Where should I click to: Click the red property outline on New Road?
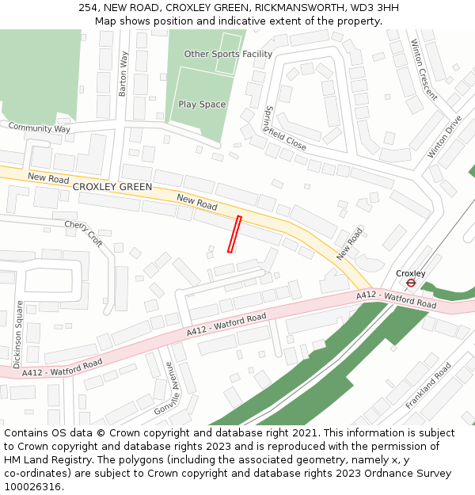coord(234,234)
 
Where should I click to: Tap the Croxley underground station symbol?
coord(411,283)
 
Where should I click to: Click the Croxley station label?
coord(411,273)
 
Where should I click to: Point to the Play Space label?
coord(202,105)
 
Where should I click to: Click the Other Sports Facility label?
coord(228,54)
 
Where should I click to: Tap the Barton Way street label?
coord(123,74)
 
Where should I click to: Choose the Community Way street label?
coord(39,128)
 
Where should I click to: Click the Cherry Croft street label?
coord(84,234)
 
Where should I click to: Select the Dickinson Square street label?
coord(17,333)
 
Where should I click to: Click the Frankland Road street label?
coord(428,386)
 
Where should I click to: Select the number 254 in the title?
coord(88,8)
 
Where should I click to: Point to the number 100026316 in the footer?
coord(32,487)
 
